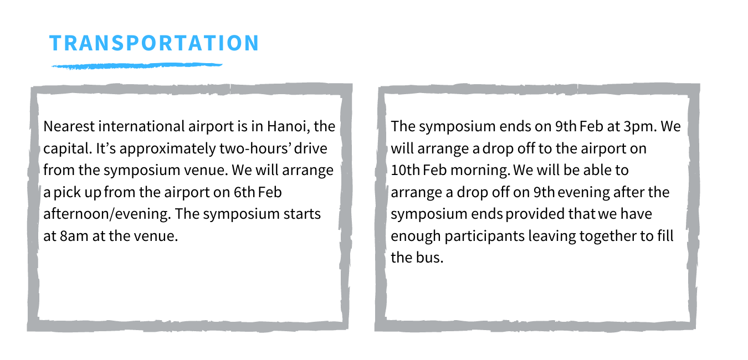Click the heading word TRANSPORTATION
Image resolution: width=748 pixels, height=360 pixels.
point(154,43)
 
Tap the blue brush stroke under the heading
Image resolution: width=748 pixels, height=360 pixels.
point(137,66)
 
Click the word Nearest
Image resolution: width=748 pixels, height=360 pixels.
point(69,126)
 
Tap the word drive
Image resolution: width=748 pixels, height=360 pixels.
point(310,148)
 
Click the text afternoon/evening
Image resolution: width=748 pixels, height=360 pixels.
point(107,214)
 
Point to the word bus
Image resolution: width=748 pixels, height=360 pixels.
point(431,258)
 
